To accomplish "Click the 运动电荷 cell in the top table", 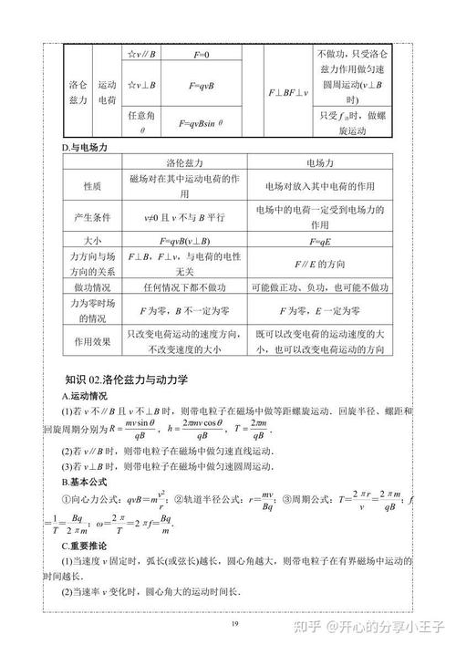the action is coord(108,89).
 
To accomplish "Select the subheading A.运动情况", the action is coord(84,397).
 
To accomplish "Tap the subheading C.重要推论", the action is coord(84,546).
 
